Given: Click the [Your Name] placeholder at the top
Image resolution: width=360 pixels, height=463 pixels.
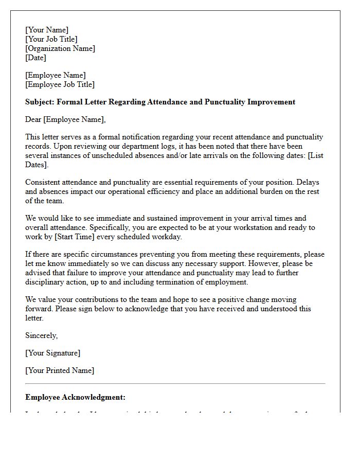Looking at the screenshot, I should [x=47, y=30].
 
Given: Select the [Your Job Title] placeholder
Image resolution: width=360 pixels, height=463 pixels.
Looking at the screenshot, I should [x=51, y=39].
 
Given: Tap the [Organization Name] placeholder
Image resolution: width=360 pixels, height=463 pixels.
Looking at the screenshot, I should [x=60, y=48].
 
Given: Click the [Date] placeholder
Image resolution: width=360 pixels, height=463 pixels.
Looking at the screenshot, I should [x=36, y=58].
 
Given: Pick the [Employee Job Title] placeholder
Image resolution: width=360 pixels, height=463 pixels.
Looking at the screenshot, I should [x=60, y=84].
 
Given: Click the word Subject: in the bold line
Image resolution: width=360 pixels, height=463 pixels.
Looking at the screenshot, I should [x=40, y=102].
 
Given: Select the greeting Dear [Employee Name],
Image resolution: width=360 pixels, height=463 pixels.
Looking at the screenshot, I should [x=65, y=119].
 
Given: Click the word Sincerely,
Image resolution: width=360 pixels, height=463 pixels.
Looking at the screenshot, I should [x=42, y=335].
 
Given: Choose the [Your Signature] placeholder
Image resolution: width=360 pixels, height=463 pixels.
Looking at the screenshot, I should [x=52, y=353].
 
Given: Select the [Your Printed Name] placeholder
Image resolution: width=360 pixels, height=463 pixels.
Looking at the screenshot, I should [x=60, y=370].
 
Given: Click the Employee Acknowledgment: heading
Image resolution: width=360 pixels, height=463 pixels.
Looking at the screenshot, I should [x=75, y=397].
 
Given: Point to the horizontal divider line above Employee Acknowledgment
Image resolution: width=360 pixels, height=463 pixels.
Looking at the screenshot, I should [x=175, y=383].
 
